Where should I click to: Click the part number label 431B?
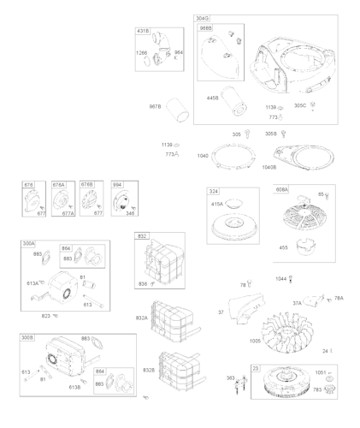pos(143,32)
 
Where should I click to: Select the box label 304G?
pos(203,18)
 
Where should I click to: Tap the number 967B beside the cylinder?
pos(155,106)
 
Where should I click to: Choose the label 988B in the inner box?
pos(205,28)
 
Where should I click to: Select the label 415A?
pos(218,204)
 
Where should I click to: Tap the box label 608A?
pos(281,190)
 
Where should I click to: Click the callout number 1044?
pos(281,279)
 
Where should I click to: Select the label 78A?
pos(339,298)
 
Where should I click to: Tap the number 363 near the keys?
pos(230,377)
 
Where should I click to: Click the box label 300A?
pos(29,244)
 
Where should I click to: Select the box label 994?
pos(118,184)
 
